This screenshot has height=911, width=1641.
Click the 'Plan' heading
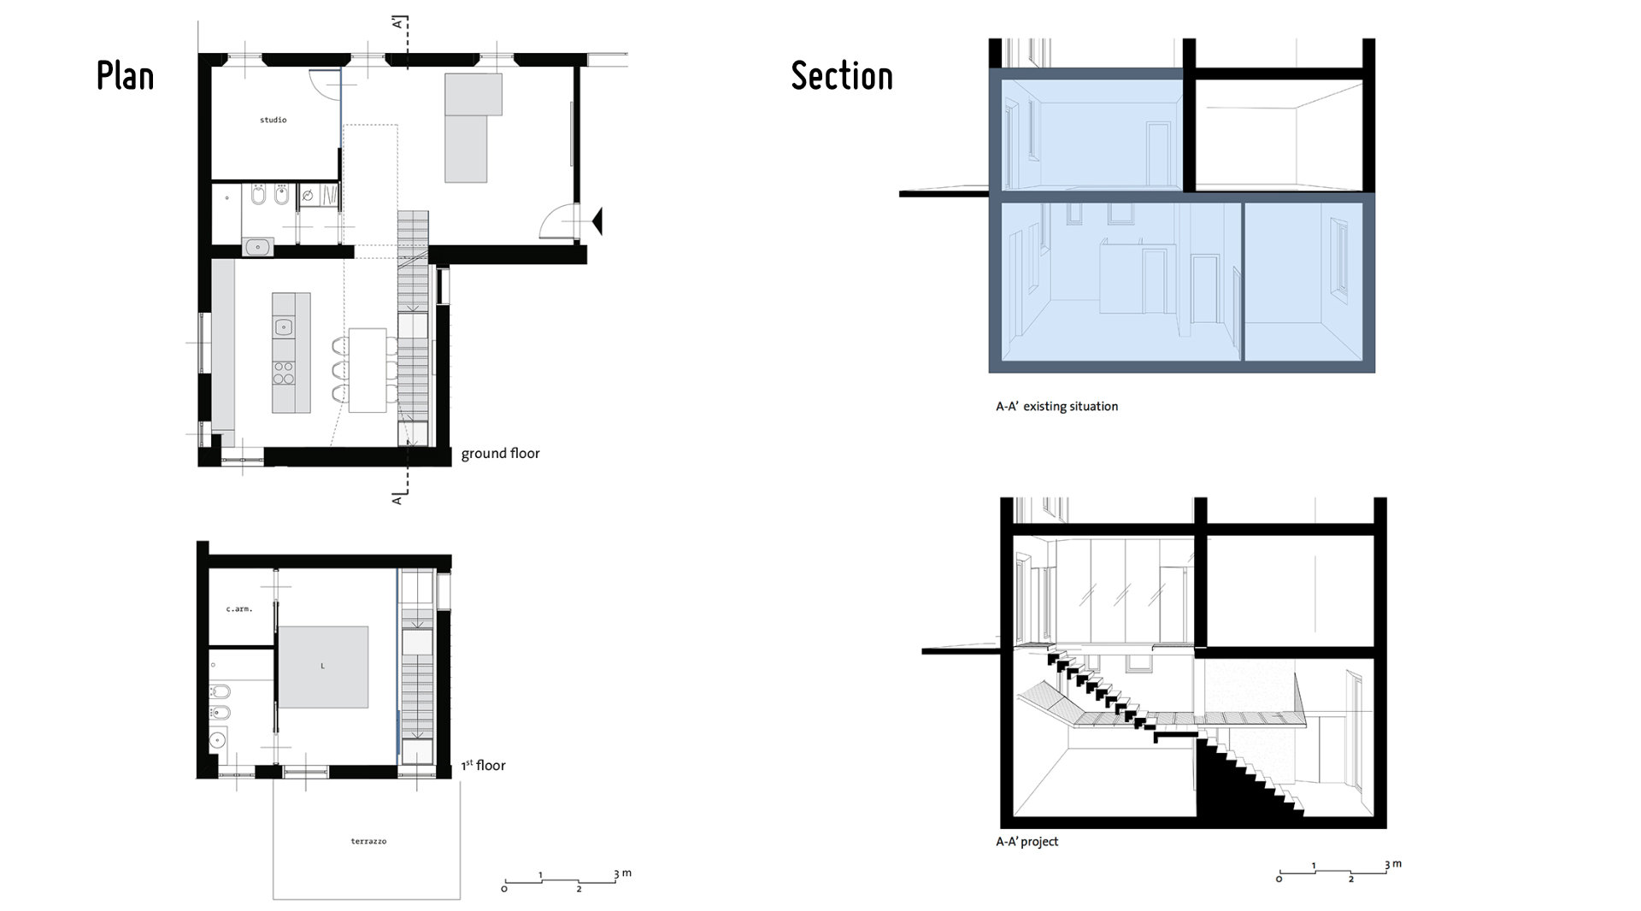[x=125, y=76]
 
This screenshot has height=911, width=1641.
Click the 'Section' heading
[x=842, y=76]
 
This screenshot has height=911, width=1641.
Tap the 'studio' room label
[x=273, y=120]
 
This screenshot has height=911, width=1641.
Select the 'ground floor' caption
[x=500, y=453]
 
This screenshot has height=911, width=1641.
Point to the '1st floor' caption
[x=484, y=765]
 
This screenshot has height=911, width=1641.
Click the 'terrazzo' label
[x=368, y=841]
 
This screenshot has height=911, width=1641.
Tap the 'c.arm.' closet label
[x=239, y=608]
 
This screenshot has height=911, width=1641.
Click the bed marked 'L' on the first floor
[x=322, y=667]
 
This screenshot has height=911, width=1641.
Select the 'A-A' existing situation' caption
[x=1056, y=406]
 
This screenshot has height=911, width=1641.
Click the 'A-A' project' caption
[x=1026, y=841]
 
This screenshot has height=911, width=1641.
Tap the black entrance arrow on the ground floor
[x=597, y=220]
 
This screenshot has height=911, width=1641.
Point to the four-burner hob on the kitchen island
[x=284, y=373]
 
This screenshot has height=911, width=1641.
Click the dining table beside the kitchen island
[x=368, y=370]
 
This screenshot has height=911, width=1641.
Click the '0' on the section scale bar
[x=1279, y=879]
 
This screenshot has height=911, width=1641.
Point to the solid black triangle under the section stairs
[x=1222, y=786]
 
